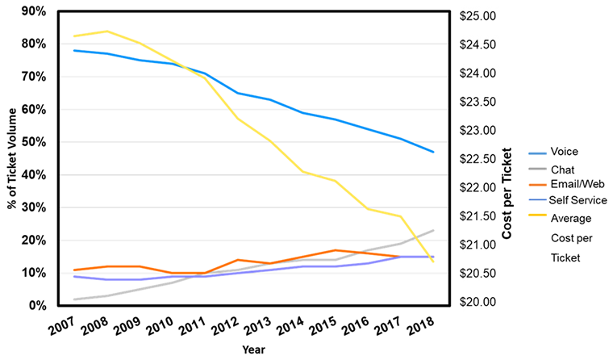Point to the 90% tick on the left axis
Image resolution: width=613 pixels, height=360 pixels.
point(31,11)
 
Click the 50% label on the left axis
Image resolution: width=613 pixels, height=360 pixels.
point(31,142)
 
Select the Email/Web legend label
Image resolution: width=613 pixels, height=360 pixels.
point(572,184)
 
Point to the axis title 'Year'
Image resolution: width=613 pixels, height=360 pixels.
point(253,350)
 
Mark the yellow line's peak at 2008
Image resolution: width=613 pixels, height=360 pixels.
point(106,31)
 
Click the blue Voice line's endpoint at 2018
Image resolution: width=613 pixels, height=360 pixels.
point(433,152)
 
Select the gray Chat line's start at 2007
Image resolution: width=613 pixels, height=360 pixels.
point(75,299)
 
